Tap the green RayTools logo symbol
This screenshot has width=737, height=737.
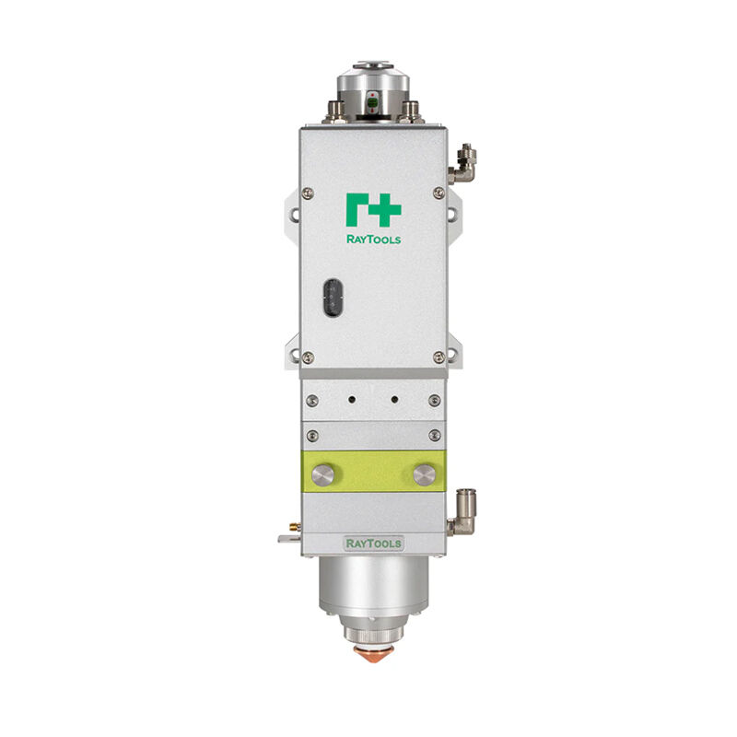pyautogui.click(x=374, y=210)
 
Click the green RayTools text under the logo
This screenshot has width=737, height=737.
pyautogui.click(x=374, y=240)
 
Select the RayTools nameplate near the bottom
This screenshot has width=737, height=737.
pyautogui.click(x=374, y=544)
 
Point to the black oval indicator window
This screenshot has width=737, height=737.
pyautogui.click(x=333, y=298)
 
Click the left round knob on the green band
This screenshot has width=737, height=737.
pyautogui.click(x=323, y=475)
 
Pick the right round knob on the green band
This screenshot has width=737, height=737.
pyautogui.click(x=425, y=475)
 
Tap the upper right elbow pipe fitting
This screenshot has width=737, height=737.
pyautogui.click(x=462, y=165)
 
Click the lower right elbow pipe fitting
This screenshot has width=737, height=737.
pyautogui.click(x=462, y=513)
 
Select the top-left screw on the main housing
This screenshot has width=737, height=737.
pyautogui.click(x=308, y=193)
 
